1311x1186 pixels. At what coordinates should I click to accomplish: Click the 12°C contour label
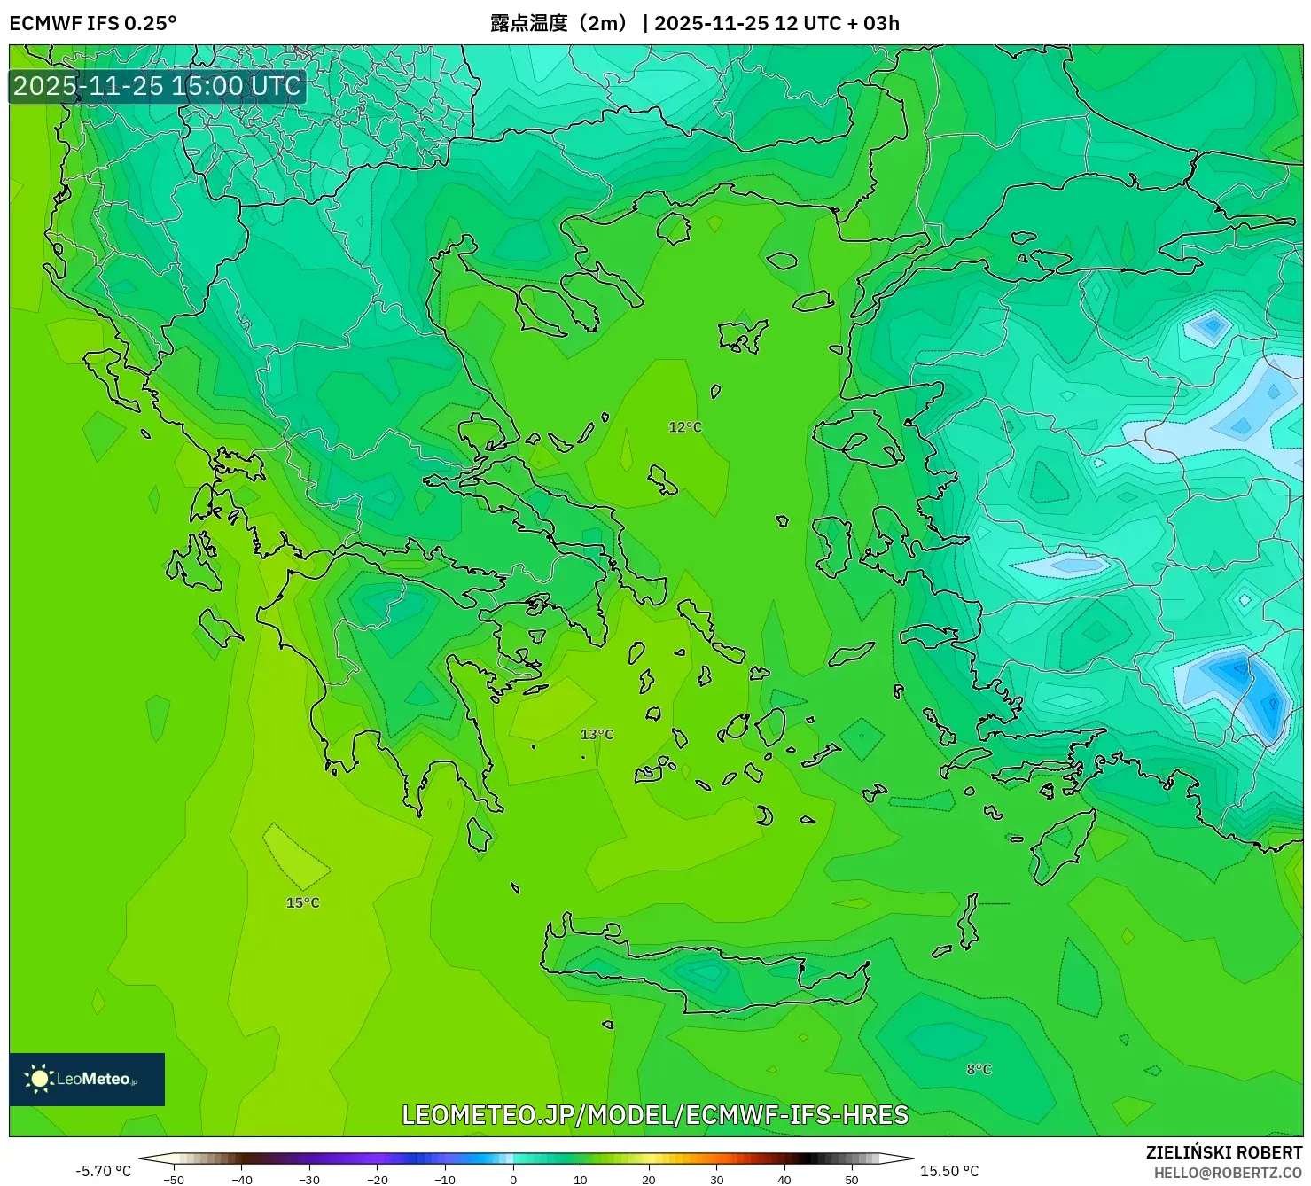(x=684, y=427)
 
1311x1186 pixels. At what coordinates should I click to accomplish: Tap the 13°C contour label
(x=597, y=735)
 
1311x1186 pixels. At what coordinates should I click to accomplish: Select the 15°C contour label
(x=302, y=902)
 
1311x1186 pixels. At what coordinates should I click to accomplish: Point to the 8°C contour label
(x=979, y=1070)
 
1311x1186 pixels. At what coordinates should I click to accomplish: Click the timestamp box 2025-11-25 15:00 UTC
(x=157, y=86)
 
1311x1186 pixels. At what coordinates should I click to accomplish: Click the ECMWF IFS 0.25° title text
(x=92, y=23)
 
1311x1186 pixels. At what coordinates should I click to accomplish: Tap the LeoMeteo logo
(x=87, y=1079)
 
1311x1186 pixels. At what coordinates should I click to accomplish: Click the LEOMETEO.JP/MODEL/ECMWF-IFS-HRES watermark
(x=655, y=1114)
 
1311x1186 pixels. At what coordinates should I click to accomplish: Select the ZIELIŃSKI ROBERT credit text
(x=1223, y=1152)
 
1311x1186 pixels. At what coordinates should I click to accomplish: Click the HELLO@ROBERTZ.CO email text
(x=1227, y=1173)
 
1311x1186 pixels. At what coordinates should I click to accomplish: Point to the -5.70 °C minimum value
(x=103, y=1171)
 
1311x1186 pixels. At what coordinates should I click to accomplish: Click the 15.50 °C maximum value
(x=949, y=1171)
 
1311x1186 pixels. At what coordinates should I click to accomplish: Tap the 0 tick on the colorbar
(x=513, y=1179)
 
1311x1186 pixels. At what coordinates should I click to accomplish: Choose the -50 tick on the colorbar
(x=174, y=1179)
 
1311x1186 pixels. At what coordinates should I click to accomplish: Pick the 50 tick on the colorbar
(x=852, y=1179)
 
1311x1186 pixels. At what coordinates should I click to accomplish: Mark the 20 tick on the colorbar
(x=649, y=1179)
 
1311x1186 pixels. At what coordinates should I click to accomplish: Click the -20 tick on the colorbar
(x=378, y=1179)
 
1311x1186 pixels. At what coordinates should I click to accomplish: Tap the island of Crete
(x=709, y=975)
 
